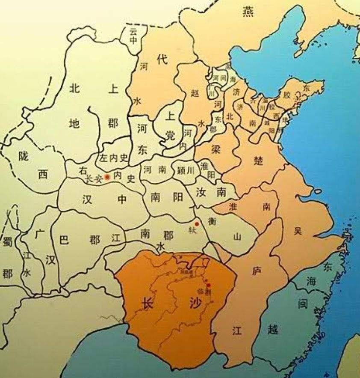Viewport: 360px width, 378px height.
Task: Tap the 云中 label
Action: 134,37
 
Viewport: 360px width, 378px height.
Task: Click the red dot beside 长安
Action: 107,176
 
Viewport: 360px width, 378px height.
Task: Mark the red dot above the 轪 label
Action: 196,223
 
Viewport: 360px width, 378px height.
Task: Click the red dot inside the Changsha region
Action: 208,285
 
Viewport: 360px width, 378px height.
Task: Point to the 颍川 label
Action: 186,170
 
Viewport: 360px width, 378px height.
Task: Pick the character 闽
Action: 302,304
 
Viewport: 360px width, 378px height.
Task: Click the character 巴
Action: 64,240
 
